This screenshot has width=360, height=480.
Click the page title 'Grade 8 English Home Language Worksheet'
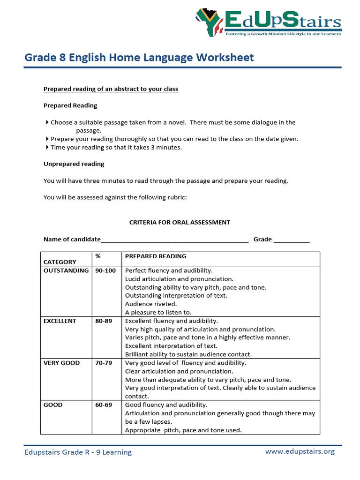[139, 58]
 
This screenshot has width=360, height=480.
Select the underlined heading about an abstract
[111, 89]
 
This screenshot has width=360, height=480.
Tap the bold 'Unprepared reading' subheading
[74, 164]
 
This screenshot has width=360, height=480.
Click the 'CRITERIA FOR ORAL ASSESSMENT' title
[180, 222]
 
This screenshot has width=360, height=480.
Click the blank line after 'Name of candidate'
[174, 240]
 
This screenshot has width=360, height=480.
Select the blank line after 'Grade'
[291, 240]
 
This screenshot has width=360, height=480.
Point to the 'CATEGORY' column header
[60, 262]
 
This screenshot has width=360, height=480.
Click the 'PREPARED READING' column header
[156, 256]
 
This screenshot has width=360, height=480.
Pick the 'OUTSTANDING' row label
[66, 270]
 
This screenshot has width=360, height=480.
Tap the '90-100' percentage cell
[105, 270]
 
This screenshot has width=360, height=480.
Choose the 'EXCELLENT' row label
[60, 321]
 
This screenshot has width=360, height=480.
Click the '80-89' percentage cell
[104, 321]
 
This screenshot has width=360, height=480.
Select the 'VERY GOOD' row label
[61, 363]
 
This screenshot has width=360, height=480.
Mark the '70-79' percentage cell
[104, 363]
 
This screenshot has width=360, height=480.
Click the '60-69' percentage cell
[104, 405]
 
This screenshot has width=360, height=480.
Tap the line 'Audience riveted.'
[151, 304]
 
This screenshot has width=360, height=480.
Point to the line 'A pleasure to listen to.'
[158, 312]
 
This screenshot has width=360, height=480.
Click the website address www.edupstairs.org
[300, 451]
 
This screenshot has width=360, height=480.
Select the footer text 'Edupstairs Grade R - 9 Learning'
[78, 452]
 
